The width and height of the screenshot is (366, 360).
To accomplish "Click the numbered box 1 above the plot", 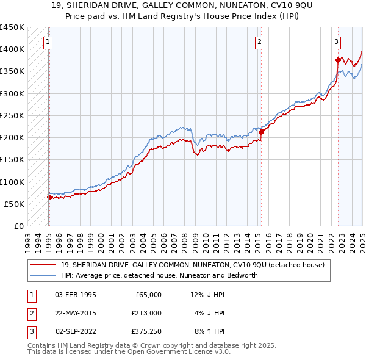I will click(48, 42).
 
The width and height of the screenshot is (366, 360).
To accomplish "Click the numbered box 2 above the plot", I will click(259, 42).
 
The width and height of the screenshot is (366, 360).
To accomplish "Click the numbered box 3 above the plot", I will click(336, 42).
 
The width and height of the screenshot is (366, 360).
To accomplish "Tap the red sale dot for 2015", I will click(261, 132).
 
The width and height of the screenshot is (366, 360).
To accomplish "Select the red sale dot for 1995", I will click(49, 197).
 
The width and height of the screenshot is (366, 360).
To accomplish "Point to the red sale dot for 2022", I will click(337, 60).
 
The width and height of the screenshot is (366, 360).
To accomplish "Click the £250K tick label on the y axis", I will click(12, 115).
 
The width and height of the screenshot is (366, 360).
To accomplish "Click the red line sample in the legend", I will click(43, 265).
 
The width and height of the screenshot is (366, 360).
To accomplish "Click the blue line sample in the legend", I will click(43, 275).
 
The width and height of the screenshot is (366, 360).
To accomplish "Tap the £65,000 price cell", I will click(147, 295).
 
